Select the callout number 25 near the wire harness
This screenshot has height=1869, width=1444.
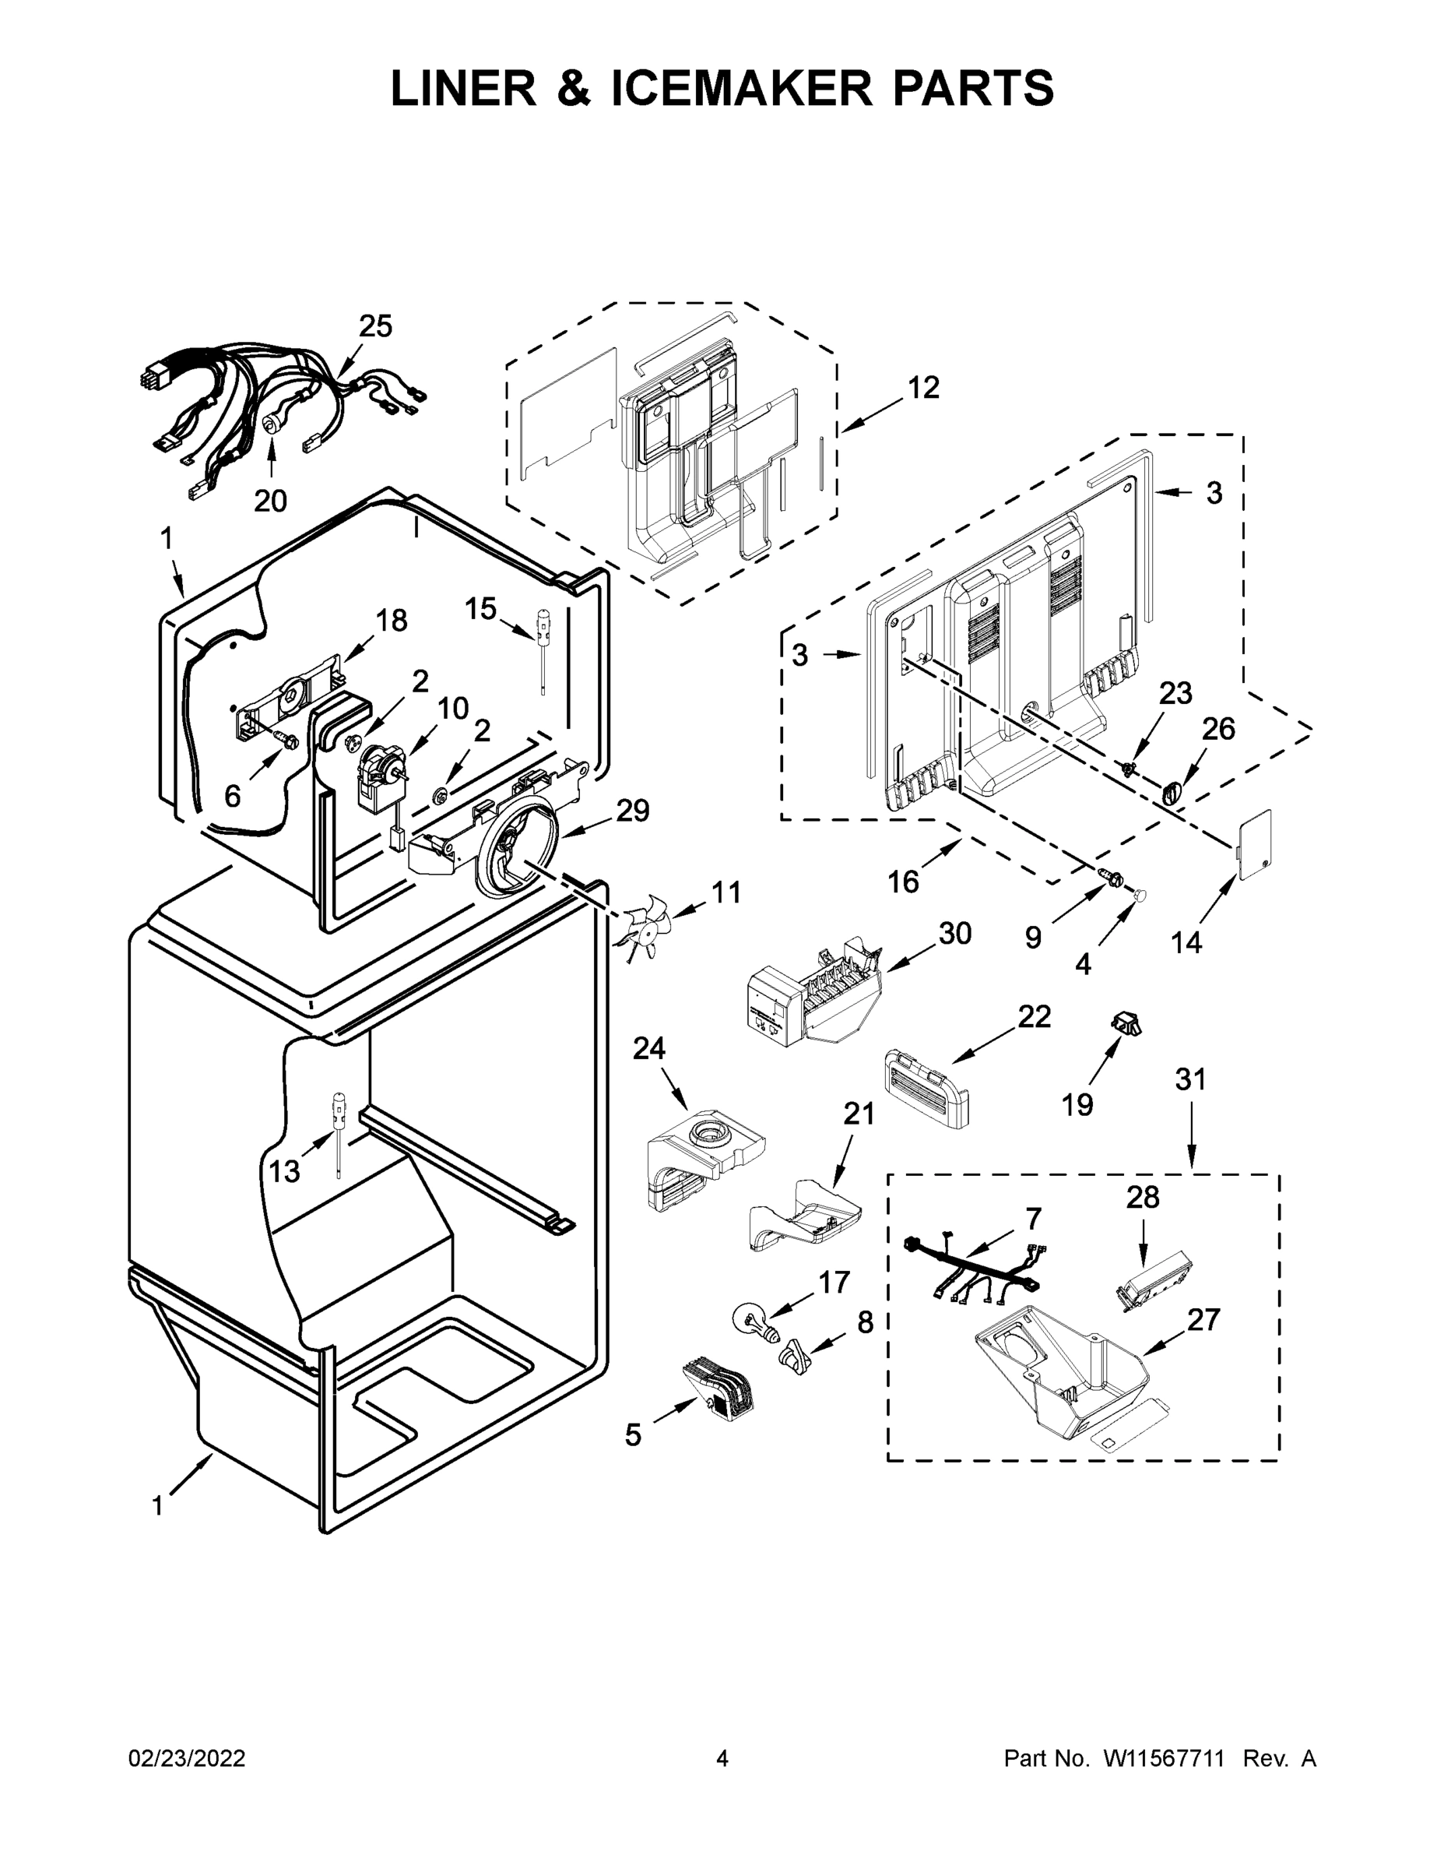[374, 326]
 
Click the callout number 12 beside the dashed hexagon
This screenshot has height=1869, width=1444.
[923, 388]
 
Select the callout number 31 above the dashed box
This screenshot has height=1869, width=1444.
[1190, 1079]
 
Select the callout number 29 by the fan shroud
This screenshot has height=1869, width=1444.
[633, 811]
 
